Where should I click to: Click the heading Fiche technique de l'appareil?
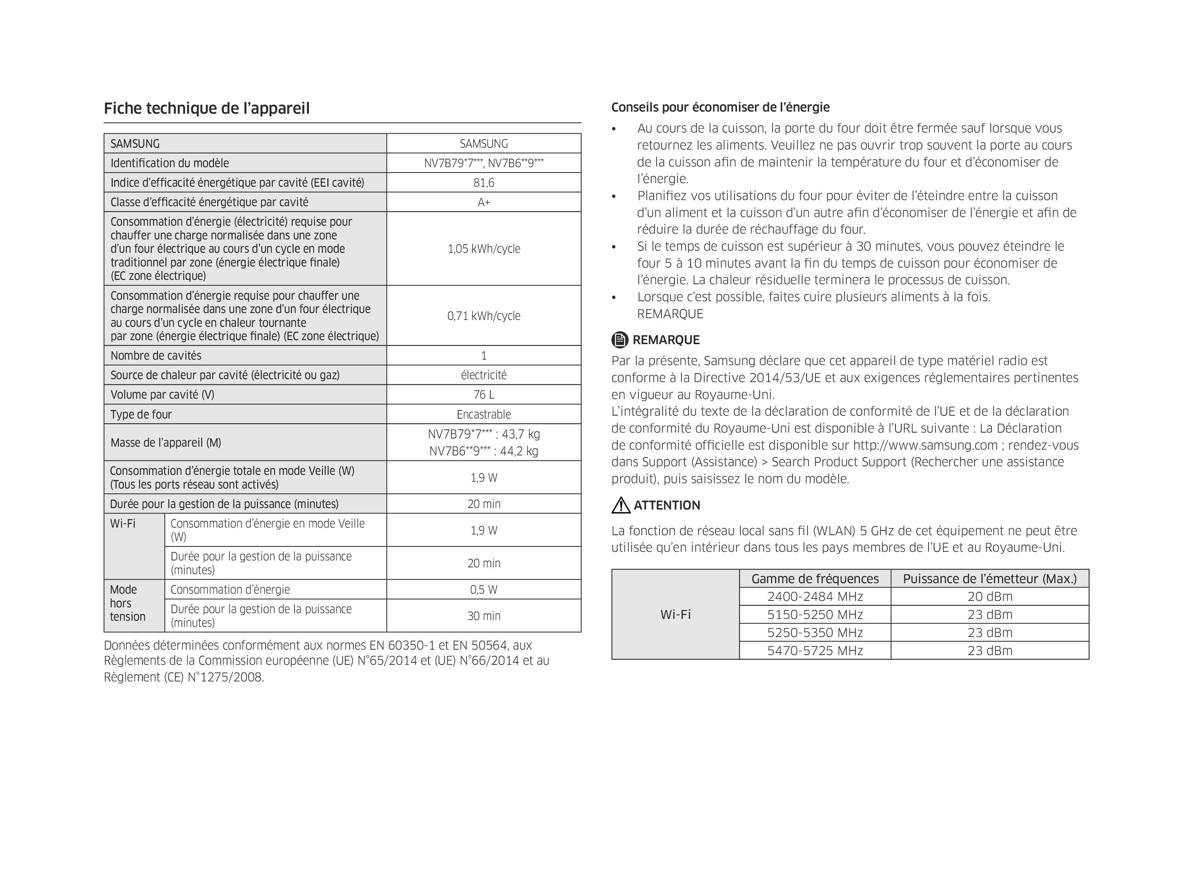206,109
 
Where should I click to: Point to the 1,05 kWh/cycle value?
484,249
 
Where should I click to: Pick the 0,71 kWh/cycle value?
484,316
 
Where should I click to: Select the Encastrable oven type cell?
484,415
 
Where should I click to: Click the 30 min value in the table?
484,616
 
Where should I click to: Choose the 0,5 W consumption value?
484,589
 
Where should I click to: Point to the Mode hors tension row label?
127,603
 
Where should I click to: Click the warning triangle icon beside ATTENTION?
621,505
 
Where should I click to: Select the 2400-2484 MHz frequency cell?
815,597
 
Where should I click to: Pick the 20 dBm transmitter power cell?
989,597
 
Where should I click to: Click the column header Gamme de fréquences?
815,579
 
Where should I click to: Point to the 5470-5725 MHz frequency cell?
815,651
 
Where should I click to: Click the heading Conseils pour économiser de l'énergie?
720,108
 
